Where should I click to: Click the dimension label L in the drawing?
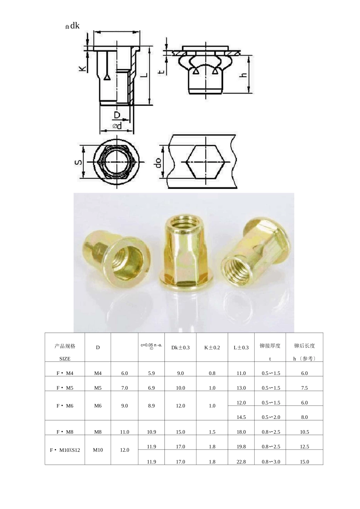[x=144, y=74]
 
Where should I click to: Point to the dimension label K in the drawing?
[x=82, y=68]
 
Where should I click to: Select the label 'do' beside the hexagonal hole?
[x=158, y=162]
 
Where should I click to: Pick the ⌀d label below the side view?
[x=117, y=126]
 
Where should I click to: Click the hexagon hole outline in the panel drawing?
[x=206, y=162]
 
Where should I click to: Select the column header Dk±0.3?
[x=180, y=347]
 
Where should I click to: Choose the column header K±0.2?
[x=212, y=347]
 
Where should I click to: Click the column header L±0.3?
[x=241, y=347]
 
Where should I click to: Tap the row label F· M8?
[x=65, y=432]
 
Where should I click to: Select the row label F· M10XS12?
[x=65, y=450]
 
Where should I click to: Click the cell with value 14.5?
[x=241, y=417]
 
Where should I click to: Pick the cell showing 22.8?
[x=241, y=462]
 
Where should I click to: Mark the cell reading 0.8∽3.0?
[x=271, y=462]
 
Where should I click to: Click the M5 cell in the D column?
[x=98, y=388]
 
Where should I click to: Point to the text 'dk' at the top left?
[x=75, y=26]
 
